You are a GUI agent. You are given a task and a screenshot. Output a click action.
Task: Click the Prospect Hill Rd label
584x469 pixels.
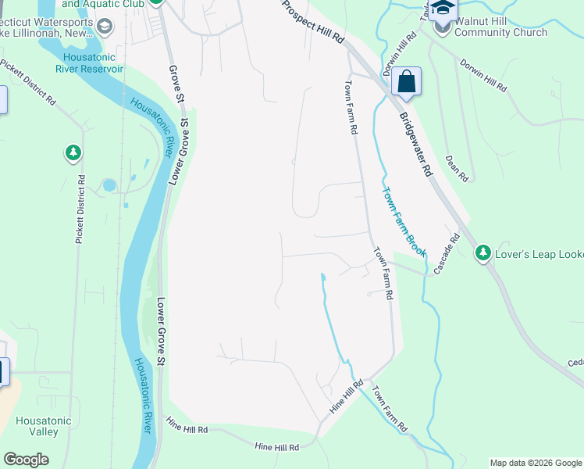(x=313, y=21)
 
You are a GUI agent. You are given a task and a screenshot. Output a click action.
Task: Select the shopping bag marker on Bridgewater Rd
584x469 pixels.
(x=406, y=81)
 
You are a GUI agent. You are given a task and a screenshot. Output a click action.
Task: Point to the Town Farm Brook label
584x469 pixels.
(x=404, y=221)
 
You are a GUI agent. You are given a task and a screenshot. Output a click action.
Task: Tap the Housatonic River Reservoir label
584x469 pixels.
(x=89, y=63)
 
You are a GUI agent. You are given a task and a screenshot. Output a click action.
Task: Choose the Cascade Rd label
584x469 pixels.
(x=447, y=249)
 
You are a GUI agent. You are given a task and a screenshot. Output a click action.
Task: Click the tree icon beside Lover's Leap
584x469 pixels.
(x=483, y=252)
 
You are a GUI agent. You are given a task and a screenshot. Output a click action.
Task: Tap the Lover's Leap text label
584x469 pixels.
(x=539, y=253)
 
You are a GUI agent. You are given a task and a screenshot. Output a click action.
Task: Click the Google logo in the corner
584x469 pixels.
(x=26, y=460)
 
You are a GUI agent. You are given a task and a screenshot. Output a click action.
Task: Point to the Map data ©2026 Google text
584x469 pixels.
(x=535, y=463)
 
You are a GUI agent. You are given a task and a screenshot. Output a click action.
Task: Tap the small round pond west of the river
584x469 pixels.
(x=109, y=185)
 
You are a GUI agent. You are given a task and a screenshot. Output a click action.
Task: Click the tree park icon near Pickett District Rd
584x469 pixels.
(x=73, y=152)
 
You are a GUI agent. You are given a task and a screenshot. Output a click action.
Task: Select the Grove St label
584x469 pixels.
(x=175, y=82)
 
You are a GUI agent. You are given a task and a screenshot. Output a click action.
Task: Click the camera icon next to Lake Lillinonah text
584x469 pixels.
(x=105, y=27)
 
